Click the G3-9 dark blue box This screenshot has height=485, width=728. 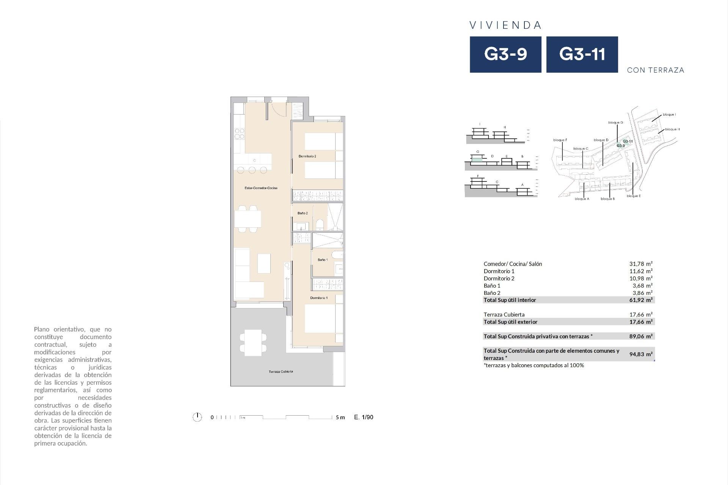click(x=505, y=54)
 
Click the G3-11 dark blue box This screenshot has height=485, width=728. click(x=582, y=54)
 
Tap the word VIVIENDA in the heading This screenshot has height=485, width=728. click(x=505, y=25)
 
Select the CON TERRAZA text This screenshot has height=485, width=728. click(x=656, y=70)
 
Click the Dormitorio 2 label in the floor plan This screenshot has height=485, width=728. click(x=307, y=156)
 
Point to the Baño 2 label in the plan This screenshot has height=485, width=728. click(x=303, y=213)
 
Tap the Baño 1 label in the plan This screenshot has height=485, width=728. click(x=323, y=260)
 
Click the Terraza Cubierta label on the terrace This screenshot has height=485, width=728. click(x=281, y=372)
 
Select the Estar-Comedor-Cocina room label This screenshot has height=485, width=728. click(x=261, y=188)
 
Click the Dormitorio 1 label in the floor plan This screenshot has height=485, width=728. click(x=319, y=298)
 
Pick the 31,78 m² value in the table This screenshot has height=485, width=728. click(x=641, y=264)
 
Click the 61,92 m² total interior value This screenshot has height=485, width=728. click(x=641, y=300)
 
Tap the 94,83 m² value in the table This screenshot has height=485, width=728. click(x=641, y=354)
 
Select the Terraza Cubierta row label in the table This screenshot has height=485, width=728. click(x=504, y=314)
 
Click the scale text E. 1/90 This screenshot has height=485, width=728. click(x=364, y=417)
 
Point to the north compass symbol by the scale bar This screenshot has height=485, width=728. click(x=197, y=417)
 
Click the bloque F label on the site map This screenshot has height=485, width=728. click(x=560, y=140)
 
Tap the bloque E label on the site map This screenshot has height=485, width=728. click(x=634, y=196)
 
